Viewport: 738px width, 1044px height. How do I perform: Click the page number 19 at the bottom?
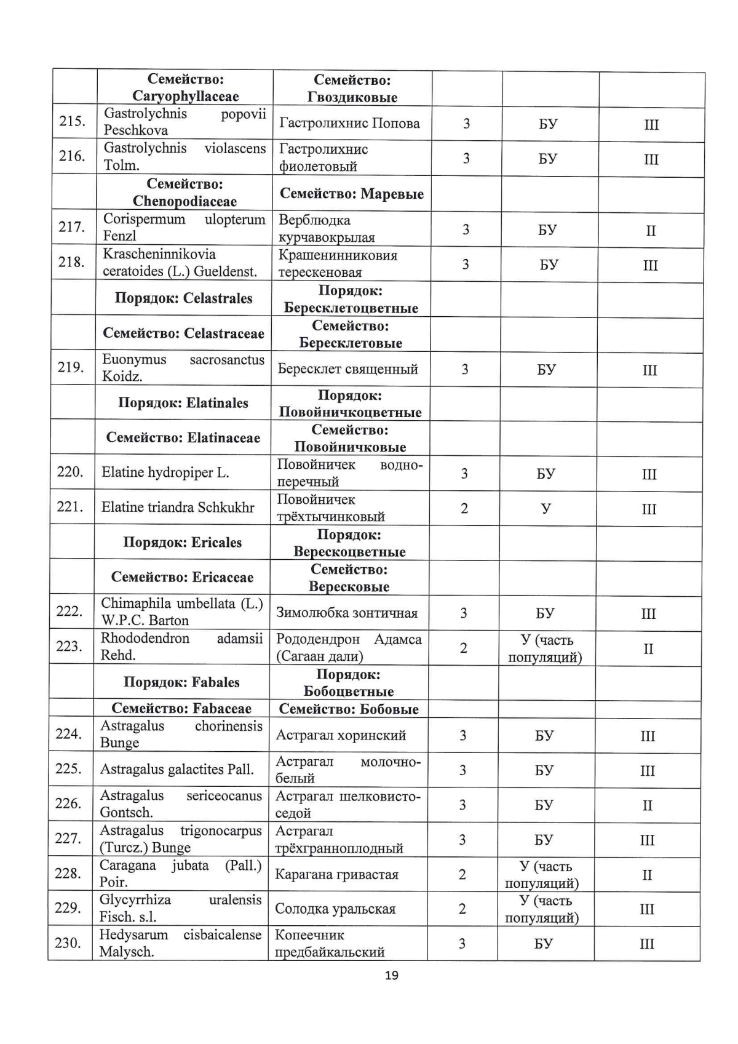point(391,976)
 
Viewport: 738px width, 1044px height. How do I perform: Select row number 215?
point(71,121)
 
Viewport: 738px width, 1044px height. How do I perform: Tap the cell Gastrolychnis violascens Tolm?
point(184,157)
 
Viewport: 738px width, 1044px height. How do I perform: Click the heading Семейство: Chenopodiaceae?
point(184,193)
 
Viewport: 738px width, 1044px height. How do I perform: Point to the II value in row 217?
point(651,231)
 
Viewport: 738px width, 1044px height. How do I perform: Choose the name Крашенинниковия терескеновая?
point(338,264)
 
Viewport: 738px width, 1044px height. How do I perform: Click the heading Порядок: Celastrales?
point(183,298)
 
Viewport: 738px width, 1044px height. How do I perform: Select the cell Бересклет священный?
point(347,369)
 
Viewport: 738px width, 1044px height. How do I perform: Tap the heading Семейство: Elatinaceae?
point(183,438)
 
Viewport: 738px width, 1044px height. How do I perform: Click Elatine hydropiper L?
point(165,472)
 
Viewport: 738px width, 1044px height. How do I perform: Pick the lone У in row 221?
point(546,509)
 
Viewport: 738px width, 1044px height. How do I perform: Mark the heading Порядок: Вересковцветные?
point(349,543)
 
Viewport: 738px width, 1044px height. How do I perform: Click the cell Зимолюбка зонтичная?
point(347,613)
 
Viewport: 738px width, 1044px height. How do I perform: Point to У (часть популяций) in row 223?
point(545,648)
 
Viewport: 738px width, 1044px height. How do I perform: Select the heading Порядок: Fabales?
point(181,682)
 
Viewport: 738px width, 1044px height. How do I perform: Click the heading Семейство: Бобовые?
point(348,709)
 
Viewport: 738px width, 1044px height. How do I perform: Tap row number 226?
point(68,803)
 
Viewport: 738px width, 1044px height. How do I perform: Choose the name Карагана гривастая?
point(336,874)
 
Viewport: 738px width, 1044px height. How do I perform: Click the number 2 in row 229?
point(462,909)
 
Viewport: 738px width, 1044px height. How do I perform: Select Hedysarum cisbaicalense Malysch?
point(180,943)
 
